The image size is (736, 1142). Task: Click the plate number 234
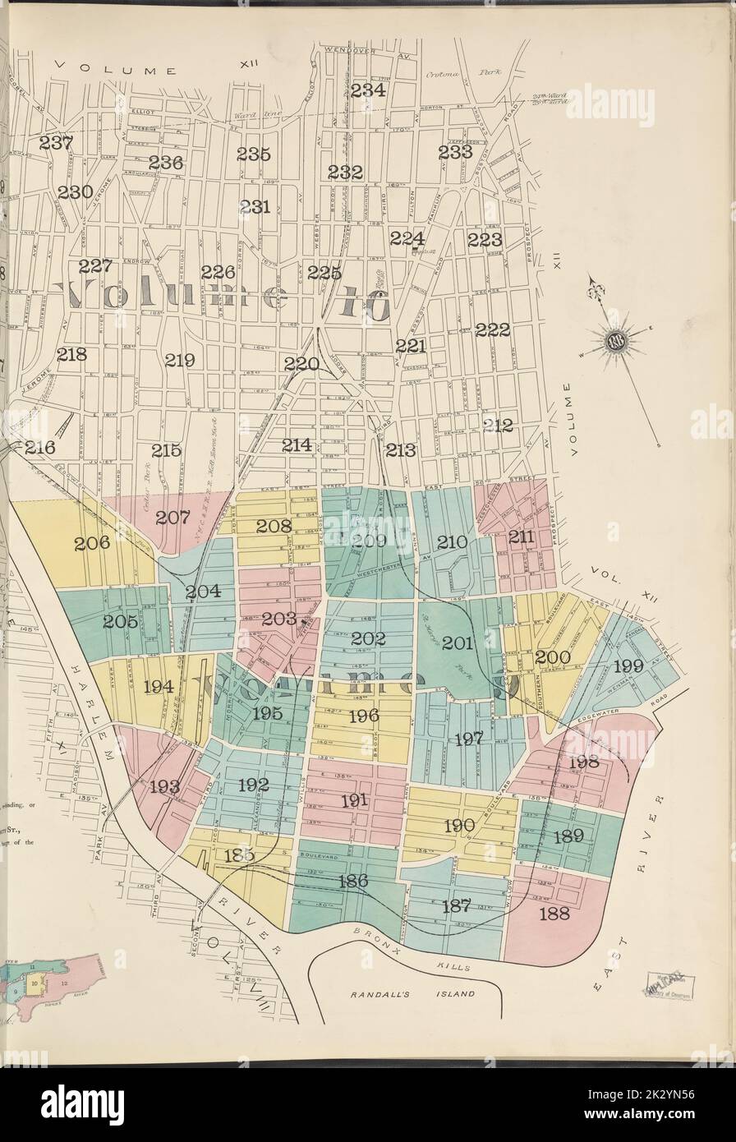368,90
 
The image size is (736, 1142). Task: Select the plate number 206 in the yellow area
92,543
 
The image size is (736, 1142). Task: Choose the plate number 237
56,143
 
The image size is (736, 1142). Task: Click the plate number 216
39,448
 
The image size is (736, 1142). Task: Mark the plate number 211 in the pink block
521,537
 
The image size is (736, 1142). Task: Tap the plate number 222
492,329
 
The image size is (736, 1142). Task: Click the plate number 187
456,907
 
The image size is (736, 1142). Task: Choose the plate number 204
202,592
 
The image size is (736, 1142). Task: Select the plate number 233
454,152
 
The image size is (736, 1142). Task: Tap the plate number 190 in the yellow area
459,826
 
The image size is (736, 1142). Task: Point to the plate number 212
497,425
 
